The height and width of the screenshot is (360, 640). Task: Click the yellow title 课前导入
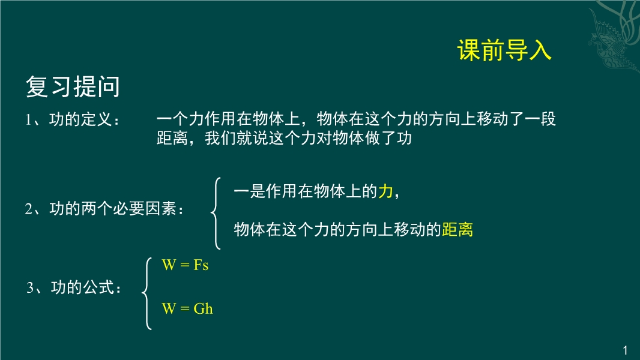pyautogui.click(x=504, y=50)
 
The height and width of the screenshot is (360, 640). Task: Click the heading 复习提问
pyautogui.click(x=73, y=86)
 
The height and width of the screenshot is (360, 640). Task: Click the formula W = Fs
pyautogui.click(x=185, y=265)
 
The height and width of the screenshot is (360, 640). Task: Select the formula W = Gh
pyautogui.click(x=187, y=308)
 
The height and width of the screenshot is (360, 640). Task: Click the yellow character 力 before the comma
pyautogui.click(x=385, y=191)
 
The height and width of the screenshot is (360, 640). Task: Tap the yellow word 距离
pyautogui.click(x=457, y=230)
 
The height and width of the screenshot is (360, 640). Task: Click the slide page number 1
pyautogui.click(x=626, y=350)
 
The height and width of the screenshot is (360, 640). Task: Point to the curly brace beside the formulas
pyautogui.click(x=147, y=293)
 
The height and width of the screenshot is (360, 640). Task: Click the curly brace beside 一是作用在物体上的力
pyautogui.click(x=216, y=213)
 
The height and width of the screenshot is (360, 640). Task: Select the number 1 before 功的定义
pyautogui.click(x=28, y=120)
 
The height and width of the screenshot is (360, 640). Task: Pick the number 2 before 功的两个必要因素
pyautogui.click(x=29, y=209)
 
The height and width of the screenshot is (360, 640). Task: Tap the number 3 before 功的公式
pyautogui.click(x=30, y=287)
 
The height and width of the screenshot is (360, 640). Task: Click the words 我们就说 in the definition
pyautogui.click(x=237, y=138)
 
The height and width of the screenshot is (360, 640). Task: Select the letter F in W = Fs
pyautogui.click(x=198, y=265)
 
